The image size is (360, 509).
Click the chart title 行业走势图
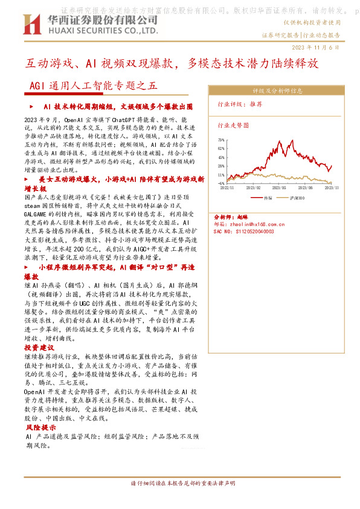pos(233,126)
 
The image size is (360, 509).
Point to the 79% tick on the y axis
pos(221,140)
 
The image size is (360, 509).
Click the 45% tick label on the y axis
pos(221,157)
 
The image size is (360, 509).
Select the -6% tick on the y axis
pos(221,183)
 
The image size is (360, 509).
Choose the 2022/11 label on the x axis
pos(227,188)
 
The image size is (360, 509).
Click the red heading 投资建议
pos(39,348)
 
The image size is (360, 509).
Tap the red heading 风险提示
pos(39,427)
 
